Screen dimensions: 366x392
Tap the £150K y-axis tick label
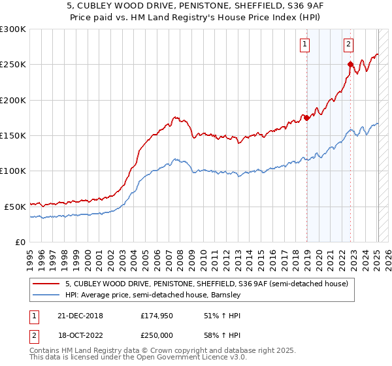pos(13,135)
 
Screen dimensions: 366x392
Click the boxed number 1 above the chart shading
pos(305,44)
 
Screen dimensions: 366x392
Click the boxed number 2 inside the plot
pos(348,44)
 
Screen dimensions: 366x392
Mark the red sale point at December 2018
pos(306,118)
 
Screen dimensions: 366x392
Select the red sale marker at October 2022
pos(350,65)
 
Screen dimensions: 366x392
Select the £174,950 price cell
pos(157,315)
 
